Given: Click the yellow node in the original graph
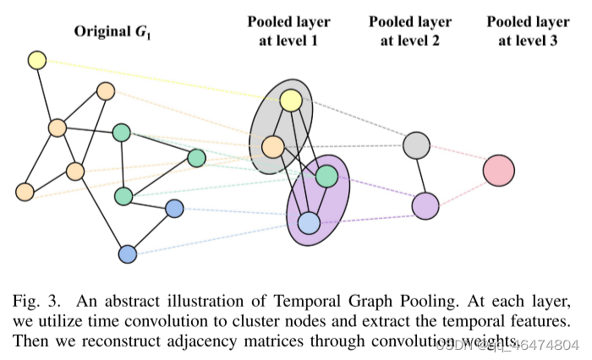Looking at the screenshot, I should [36, 60].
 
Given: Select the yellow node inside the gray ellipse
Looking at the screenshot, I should [291, 101].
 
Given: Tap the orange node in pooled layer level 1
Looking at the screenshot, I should [272, 147].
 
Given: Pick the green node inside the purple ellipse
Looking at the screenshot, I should [326, 176].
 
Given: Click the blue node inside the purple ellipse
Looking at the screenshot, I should [309, 222].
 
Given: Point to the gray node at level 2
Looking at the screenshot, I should [416, 145].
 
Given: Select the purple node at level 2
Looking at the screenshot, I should [425, 205].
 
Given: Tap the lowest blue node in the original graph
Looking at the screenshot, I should [128, 253].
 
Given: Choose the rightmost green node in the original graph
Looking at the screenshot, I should [196, 157].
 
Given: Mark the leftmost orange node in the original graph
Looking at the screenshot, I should [25, 192].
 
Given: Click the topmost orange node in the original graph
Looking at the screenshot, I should [105, 90].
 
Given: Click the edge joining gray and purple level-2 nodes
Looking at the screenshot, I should [420, 175].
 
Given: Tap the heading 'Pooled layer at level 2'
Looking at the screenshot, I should [410, 30].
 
